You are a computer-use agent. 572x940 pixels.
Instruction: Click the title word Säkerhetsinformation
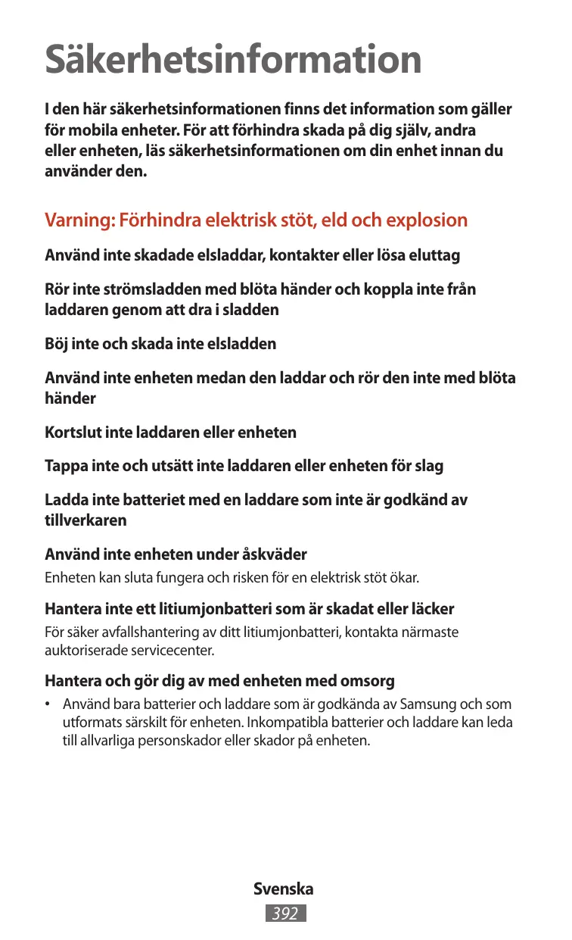coord(233,59)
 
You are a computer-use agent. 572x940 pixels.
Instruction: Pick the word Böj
coord(58,344)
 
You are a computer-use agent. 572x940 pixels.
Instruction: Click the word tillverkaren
coord(85,520)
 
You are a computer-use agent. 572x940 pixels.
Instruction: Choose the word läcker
coord(431,609)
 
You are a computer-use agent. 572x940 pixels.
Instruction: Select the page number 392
coord(285,914)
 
